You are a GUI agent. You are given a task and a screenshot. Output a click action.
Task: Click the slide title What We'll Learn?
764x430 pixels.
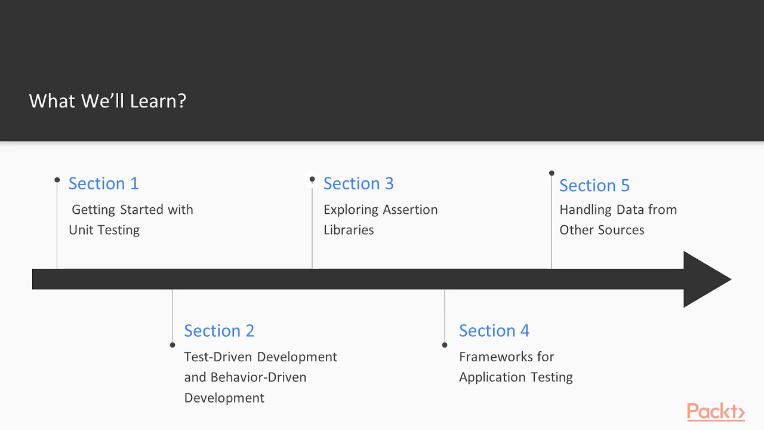pos(107,101)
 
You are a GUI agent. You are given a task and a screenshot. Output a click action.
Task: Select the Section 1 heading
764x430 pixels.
pos(103,183)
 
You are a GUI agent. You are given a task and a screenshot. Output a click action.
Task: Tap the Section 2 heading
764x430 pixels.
pos(219,330)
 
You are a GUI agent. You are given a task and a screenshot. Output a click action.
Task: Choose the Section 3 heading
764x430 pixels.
pos(358,183)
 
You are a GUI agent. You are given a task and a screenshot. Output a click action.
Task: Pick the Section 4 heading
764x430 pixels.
pos(494,330)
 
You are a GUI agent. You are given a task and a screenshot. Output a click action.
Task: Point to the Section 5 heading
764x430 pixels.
pos(594,185)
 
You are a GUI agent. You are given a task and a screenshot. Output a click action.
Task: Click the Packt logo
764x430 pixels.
pos(715,411)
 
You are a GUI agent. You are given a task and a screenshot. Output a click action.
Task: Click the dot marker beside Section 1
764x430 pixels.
pos(57,180)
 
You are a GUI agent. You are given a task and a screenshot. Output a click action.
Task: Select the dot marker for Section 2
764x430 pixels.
pos(172,345)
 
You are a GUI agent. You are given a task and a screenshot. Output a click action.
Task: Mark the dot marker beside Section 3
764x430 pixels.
pos(312,179)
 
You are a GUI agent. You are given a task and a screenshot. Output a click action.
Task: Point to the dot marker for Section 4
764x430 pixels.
pos(445,345)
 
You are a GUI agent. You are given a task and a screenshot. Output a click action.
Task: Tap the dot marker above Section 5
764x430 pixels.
pos(552,173)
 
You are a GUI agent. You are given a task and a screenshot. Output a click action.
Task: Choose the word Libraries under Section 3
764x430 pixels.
pos(349,230)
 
